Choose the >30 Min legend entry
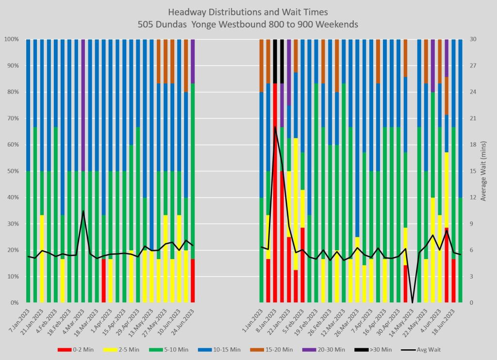pos(373,349)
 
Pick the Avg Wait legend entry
pos(421,349)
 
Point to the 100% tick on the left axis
pos(11,39)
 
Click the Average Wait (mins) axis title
pos(484,171)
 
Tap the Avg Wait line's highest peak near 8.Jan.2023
pos(275,127)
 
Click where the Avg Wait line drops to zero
pos(413,303)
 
